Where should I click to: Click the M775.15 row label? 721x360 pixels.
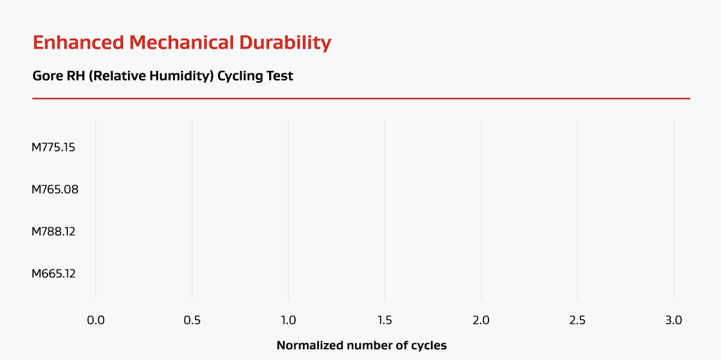53,147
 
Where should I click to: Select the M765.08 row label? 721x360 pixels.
55,189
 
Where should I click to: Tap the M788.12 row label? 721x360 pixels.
53,231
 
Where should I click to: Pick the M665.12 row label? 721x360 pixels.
53,273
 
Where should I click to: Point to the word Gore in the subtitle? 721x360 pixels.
45,77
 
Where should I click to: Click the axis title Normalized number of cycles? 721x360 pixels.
361,346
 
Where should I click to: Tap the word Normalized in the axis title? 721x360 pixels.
306,346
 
